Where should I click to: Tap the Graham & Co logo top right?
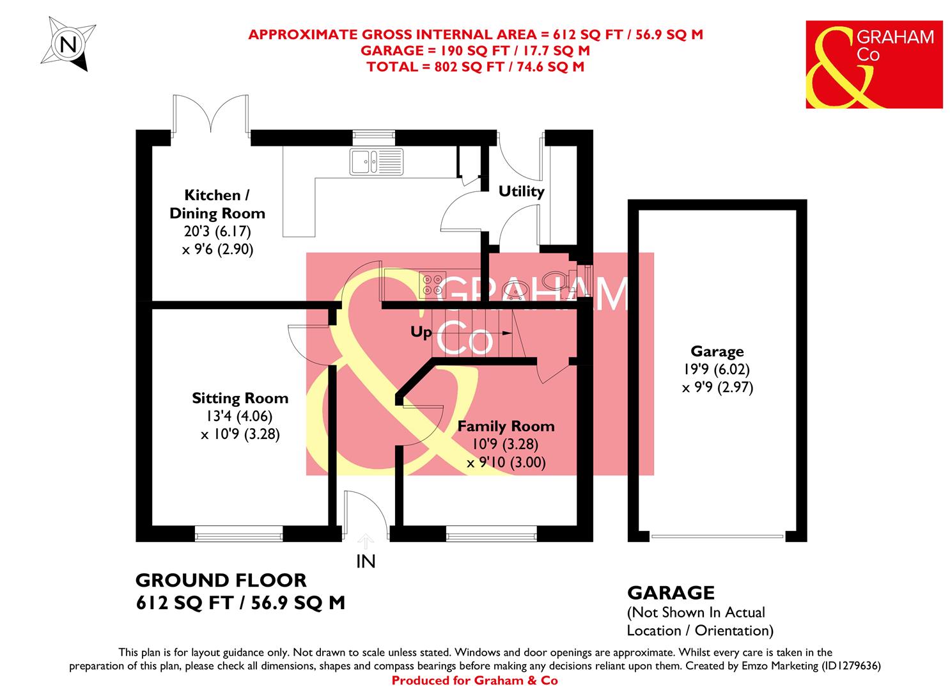pos(873,64)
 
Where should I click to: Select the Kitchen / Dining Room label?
pos(216,204)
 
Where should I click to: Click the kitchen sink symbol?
pos(377,161)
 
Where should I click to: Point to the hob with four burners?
pos(432,284)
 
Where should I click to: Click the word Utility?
pos(521,191)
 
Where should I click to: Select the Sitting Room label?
pos(240,399)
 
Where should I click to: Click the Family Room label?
pos(506,427)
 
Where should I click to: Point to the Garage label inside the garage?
pos(717,351)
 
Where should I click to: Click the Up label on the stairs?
pos(421,333)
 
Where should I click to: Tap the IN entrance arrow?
pos(365,542)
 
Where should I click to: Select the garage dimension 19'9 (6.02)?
pos(717,369)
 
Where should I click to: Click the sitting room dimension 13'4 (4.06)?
pos(240,417)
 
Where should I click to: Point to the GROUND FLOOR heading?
pos(221,580)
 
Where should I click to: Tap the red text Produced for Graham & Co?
pos(474,681)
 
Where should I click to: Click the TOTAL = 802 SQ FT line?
pos(475,66)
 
